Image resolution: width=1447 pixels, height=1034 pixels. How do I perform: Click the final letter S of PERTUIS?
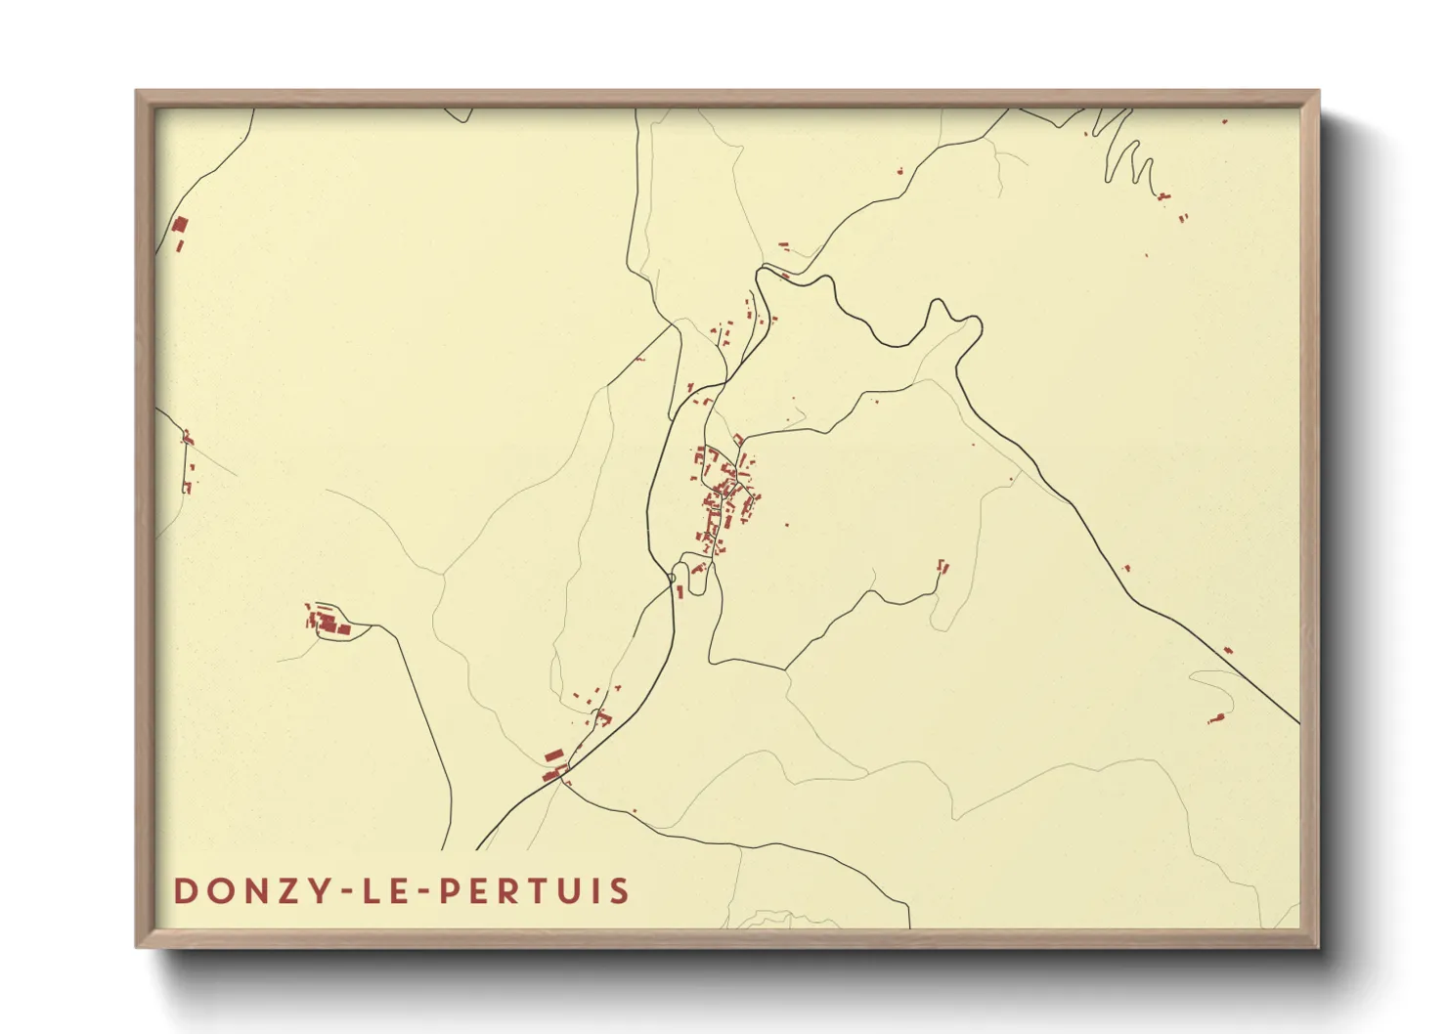tap(620, 891)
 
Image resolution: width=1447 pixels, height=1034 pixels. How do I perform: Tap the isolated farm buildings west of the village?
tap(329, 622)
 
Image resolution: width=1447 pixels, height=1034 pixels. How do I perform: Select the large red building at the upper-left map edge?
tap(179, 227)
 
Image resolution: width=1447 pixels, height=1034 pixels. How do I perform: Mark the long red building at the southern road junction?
tap(553, 755)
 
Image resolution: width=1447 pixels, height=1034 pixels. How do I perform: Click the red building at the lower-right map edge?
tap(1216, 719)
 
